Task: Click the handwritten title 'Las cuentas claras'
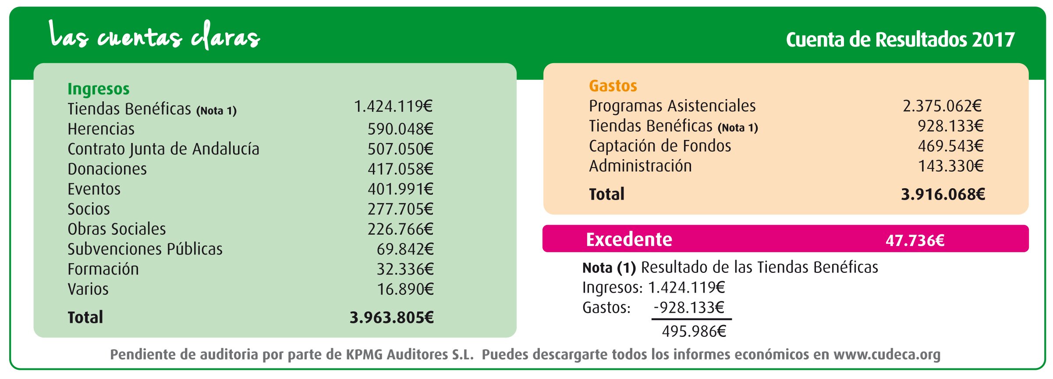click(154, 36)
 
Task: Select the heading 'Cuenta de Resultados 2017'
click(900, 40)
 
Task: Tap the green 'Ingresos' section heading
click(99, 89)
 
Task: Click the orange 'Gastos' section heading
click(613, 86)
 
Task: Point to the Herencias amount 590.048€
click(400, 129)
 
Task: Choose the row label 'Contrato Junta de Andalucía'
click(163, 149)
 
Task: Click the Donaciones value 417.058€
click(400, 169)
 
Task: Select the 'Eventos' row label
click(94, 189)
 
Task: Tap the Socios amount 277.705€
click(400, 209)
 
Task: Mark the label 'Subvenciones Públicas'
click(145, 249)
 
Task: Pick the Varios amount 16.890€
click(405, 290)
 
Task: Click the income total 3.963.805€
click(391, 318)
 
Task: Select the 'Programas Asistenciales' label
click(672, 106)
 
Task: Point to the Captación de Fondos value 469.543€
click(950, 146)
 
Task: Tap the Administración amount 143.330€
click(950, 166)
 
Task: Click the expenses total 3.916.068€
click(943, 194)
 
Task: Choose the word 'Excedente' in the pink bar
click(629, 240)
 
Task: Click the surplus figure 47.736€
click(915, 240)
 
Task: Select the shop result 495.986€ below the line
click(694, 331)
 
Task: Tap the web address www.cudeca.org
click(887, 354)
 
